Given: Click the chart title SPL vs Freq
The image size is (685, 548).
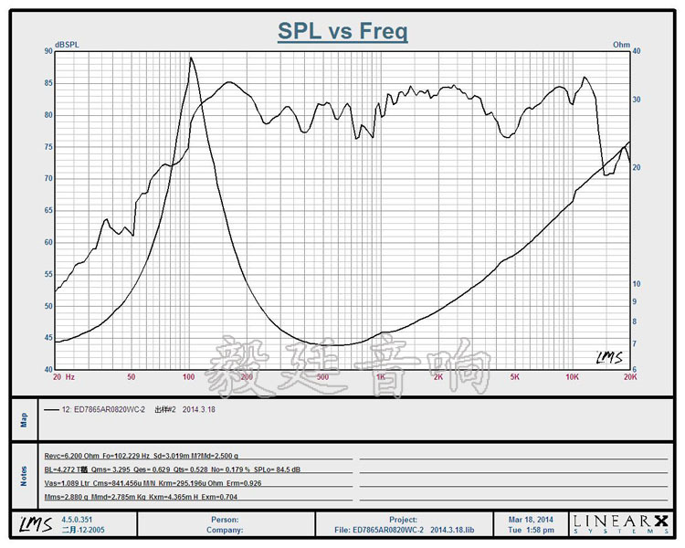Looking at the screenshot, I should [342, 32].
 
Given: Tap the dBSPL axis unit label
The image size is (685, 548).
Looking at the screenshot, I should [68, 44].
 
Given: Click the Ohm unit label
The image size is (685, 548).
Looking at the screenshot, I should [621, 44].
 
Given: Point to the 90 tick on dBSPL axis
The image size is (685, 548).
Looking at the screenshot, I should [47, 51].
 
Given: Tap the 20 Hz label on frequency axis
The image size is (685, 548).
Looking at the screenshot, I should [64, 376].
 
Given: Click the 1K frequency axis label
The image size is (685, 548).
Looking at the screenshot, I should [380, 376].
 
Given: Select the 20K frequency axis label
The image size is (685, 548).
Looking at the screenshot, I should [628, 376].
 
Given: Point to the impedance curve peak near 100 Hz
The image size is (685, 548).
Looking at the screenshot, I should [191, 58].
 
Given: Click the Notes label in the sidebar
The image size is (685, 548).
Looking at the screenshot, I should [24, 477].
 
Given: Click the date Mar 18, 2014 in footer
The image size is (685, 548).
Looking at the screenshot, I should [532, 519].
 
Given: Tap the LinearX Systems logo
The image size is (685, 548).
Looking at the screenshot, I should [620, 523].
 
